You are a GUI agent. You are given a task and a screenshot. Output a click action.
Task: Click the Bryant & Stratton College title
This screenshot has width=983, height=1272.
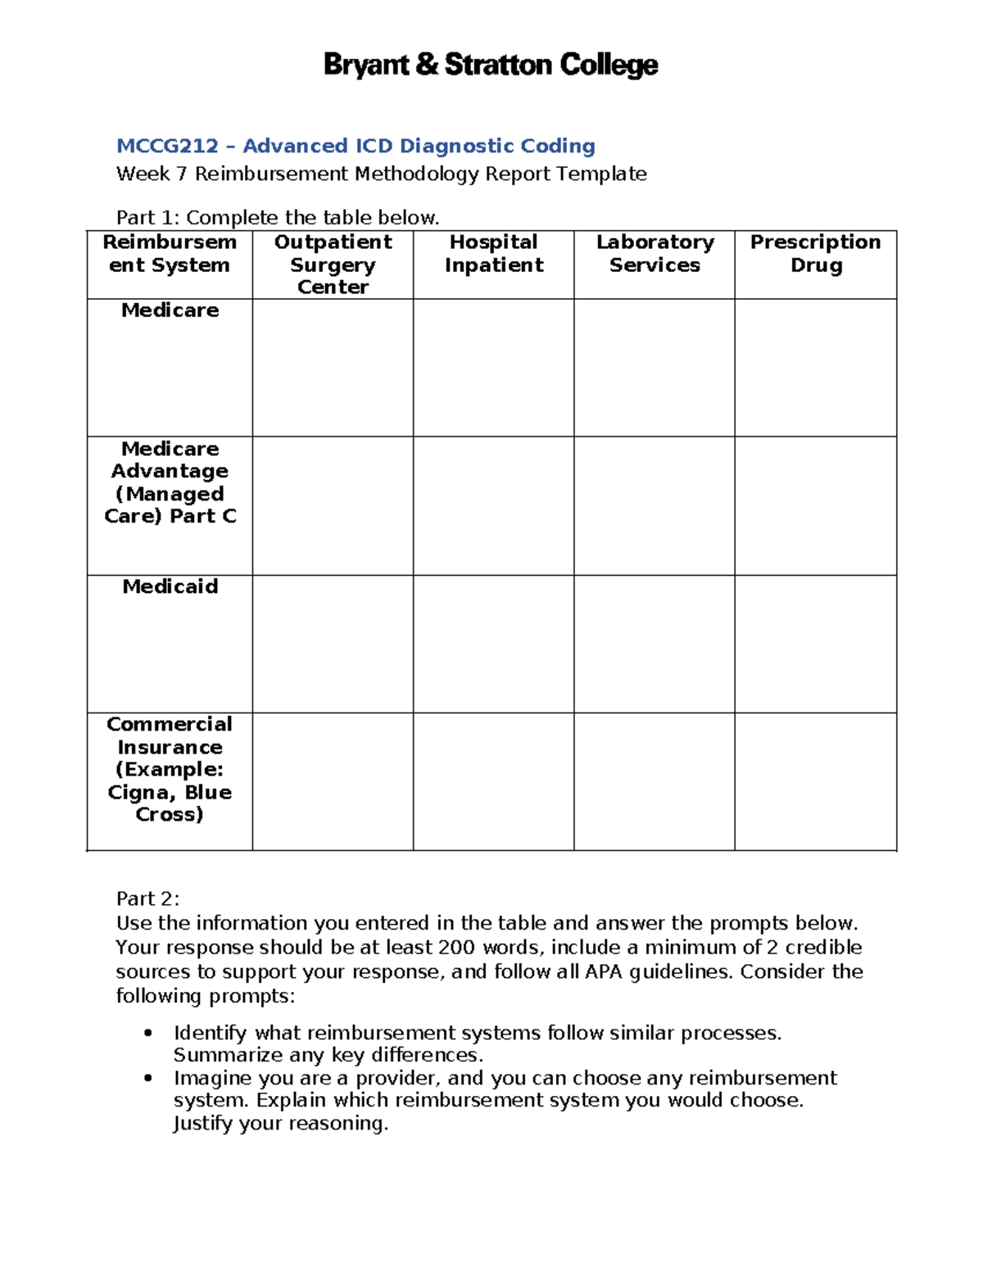point(491,65)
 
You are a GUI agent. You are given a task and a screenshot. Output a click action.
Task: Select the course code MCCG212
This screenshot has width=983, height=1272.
point(167,146)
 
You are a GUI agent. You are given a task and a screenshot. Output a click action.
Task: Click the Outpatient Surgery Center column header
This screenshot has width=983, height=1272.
point(333,264)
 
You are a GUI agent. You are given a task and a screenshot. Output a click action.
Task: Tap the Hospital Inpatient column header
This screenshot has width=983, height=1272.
point(493,253)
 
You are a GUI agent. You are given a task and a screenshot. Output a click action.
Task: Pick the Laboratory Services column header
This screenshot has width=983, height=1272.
point(655,253)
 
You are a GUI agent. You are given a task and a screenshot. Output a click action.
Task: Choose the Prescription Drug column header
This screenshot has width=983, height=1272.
point(815,253)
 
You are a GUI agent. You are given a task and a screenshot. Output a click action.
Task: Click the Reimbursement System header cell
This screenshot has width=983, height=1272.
point(170,253)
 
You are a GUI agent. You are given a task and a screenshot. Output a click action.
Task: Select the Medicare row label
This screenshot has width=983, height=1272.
point(170,310)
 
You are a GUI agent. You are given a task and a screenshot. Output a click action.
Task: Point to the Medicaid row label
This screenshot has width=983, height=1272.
point(170,586)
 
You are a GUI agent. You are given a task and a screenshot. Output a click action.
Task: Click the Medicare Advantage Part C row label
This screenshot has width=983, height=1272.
point(170,482)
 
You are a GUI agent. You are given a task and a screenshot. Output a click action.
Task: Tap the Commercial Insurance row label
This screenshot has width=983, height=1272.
point(170,769)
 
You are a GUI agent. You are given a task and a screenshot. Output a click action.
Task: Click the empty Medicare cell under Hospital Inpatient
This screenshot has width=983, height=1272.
point(493,367)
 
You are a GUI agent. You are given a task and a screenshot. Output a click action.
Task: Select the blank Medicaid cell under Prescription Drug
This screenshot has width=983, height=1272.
point(815,643)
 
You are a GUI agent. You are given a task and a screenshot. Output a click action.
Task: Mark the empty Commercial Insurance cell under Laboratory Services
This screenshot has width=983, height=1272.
point(655,781)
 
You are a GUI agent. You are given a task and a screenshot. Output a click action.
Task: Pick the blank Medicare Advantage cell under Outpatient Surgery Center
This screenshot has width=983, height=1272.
point(333,505)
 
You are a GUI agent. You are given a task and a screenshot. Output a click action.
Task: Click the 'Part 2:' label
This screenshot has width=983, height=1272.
point(147,899)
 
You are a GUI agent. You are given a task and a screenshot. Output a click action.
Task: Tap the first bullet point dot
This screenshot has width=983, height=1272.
point(147,1034)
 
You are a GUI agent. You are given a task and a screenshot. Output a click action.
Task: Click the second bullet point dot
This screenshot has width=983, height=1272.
point(147,1079)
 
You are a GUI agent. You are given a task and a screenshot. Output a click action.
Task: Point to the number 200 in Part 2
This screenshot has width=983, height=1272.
point(455,948)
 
